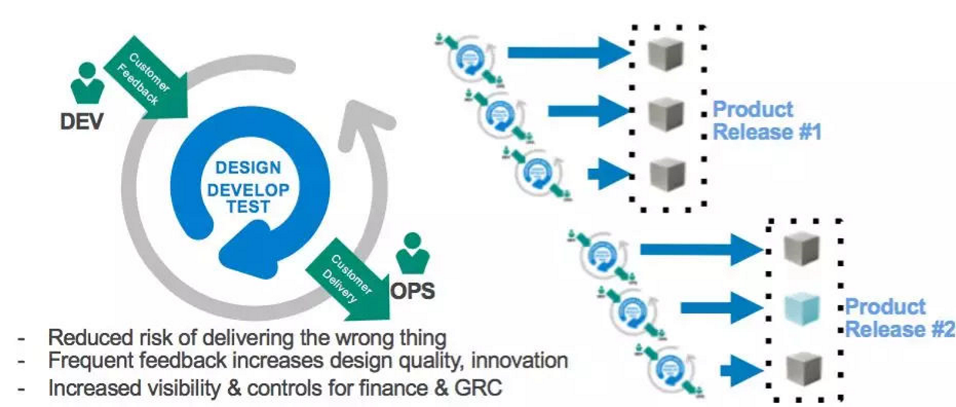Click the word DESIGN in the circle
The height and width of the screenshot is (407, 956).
click(248, 168)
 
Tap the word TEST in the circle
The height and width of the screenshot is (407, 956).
click(248, 207)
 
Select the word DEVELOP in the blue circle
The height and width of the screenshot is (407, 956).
click(248, 188)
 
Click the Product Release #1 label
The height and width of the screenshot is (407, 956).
click(766, 120)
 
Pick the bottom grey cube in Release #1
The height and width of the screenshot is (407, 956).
click(663, 173)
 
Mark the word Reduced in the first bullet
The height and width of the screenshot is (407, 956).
click(83, 337)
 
